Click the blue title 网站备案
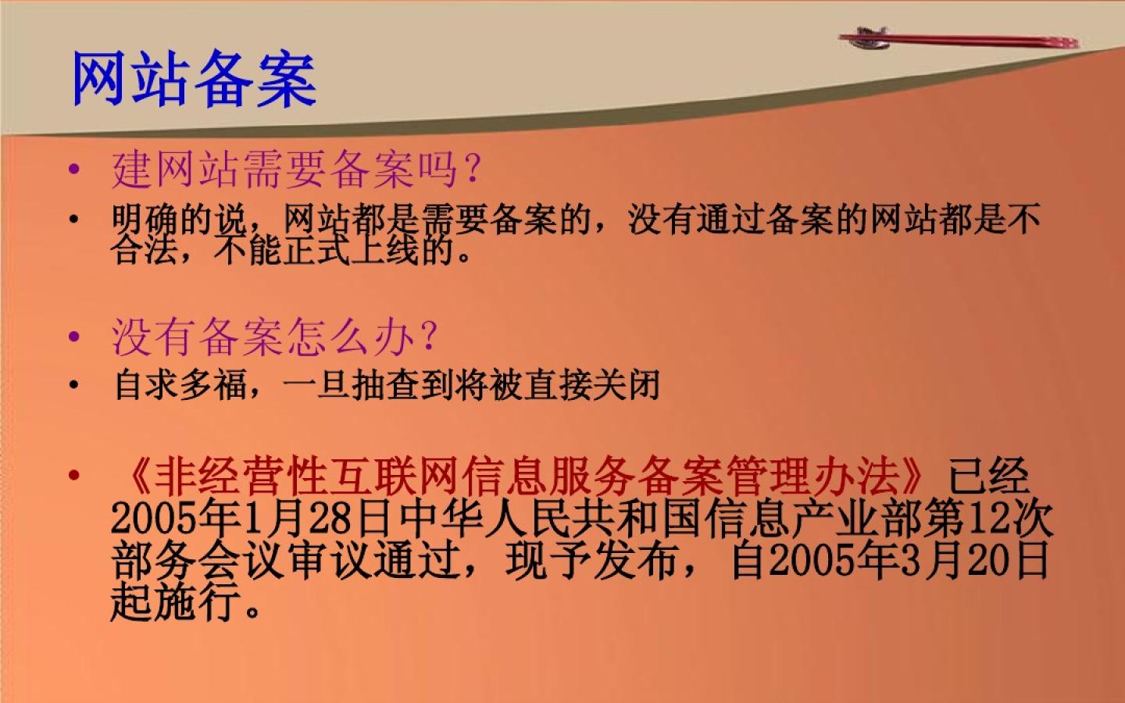[x=194, y=78]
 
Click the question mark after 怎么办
[x=428, y=335]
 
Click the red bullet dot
[x=74, y=475]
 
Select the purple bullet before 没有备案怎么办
[x=74, y=337]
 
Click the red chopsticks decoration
[x=959, y=39]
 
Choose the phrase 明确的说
[x=180, y=219]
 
